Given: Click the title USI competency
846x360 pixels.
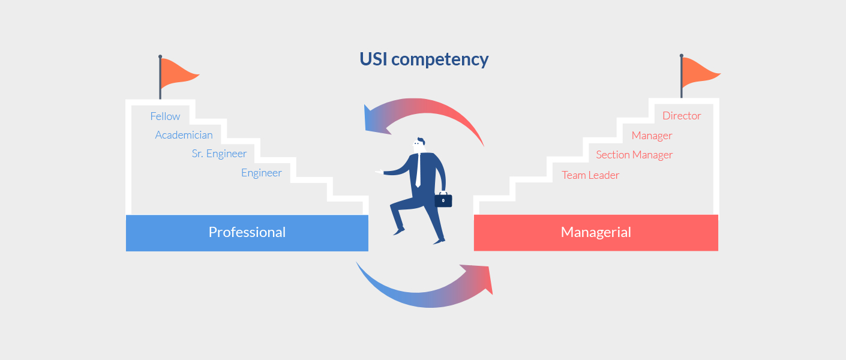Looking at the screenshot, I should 424,59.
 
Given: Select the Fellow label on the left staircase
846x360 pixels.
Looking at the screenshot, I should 165,116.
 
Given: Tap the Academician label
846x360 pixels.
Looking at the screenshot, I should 184,135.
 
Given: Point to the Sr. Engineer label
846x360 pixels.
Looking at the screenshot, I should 219,154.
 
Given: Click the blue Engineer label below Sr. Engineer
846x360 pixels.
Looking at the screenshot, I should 261,173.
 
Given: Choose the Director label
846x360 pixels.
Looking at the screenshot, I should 682,116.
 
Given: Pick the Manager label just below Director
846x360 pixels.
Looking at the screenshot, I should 652,136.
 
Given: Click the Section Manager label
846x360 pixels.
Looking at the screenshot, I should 634,155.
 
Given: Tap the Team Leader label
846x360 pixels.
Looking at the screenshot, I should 590,175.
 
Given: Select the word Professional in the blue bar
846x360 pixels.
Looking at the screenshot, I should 247,232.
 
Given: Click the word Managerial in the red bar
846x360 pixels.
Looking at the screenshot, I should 596,232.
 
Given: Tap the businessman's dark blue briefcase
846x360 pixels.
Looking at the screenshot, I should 443,200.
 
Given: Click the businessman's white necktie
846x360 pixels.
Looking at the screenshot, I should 418,172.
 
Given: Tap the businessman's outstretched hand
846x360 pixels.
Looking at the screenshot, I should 379,172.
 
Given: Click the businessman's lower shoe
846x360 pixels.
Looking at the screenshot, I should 439,241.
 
